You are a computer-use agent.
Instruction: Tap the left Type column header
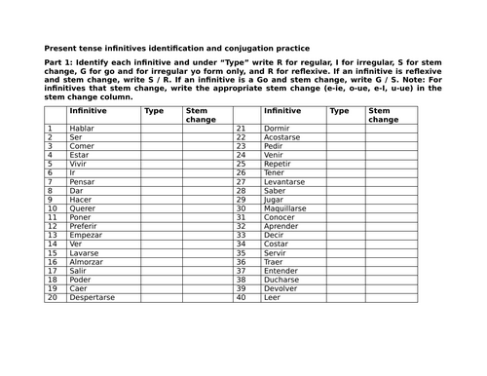coord(154,111)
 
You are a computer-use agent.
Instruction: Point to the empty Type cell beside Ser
coord(160,136)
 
